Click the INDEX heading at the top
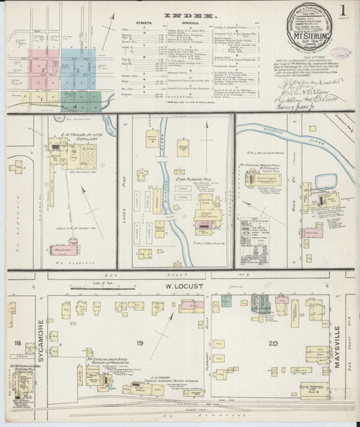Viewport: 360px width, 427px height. [x=177, y=14]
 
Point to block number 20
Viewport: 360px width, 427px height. [x=254, y=343]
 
